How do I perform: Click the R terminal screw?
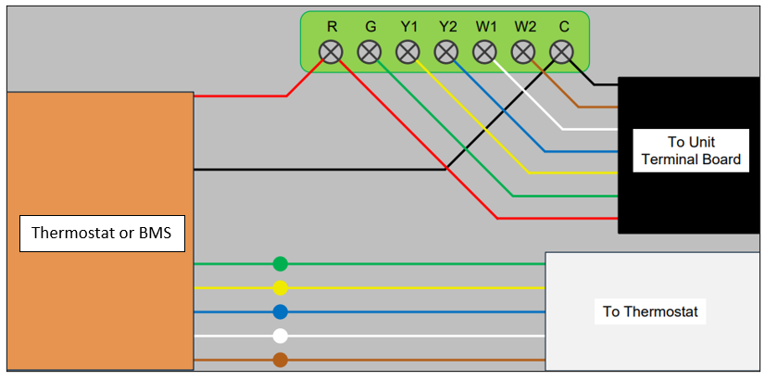(331, 52)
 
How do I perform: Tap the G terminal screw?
(370, 52)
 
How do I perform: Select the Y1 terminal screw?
(408, 52)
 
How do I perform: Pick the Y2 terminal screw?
(446, 52)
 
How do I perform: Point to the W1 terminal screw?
(484, 52)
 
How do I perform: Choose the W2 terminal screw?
(523, 52)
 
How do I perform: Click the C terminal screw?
(561, 52)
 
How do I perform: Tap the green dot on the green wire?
(280, 264)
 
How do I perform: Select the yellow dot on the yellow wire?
(280, 287)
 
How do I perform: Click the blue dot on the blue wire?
(280, 311)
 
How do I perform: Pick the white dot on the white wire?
(280, 337)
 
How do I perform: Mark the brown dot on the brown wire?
(280, 360)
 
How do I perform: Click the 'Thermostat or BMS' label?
(102, 234)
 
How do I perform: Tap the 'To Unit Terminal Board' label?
(691, 150)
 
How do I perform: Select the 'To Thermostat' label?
(650, 311)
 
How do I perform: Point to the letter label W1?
(485, 28)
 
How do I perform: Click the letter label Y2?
(446, 28)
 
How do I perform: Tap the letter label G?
(370, 28)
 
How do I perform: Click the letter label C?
(563, 28)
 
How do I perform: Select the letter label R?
(332, 28)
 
